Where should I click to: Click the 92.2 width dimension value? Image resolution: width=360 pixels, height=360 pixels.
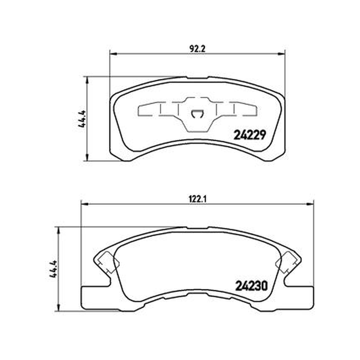click(198, 49)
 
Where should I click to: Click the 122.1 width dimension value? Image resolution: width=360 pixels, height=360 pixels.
click(198, 199)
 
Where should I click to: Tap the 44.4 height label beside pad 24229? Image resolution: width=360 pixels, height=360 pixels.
click(82, 119)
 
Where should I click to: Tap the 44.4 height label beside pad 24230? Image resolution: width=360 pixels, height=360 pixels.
click(53, 269)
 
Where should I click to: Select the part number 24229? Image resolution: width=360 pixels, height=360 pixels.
click(250, 135)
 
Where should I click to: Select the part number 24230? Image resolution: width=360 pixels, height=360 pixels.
click(252, 286)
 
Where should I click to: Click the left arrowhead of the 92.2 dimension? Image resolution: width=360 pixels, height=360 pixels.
click(114, 54)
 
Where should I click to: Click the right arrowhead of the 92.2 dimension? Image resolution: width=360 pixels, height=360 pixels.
click(281, 54)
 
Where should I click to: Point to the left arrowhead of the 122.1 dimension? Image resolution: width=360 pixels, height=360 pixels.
click(85, 204)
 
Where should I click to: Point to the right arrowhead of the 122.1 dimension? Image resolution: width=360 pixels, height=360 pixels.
click(310, 204)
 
